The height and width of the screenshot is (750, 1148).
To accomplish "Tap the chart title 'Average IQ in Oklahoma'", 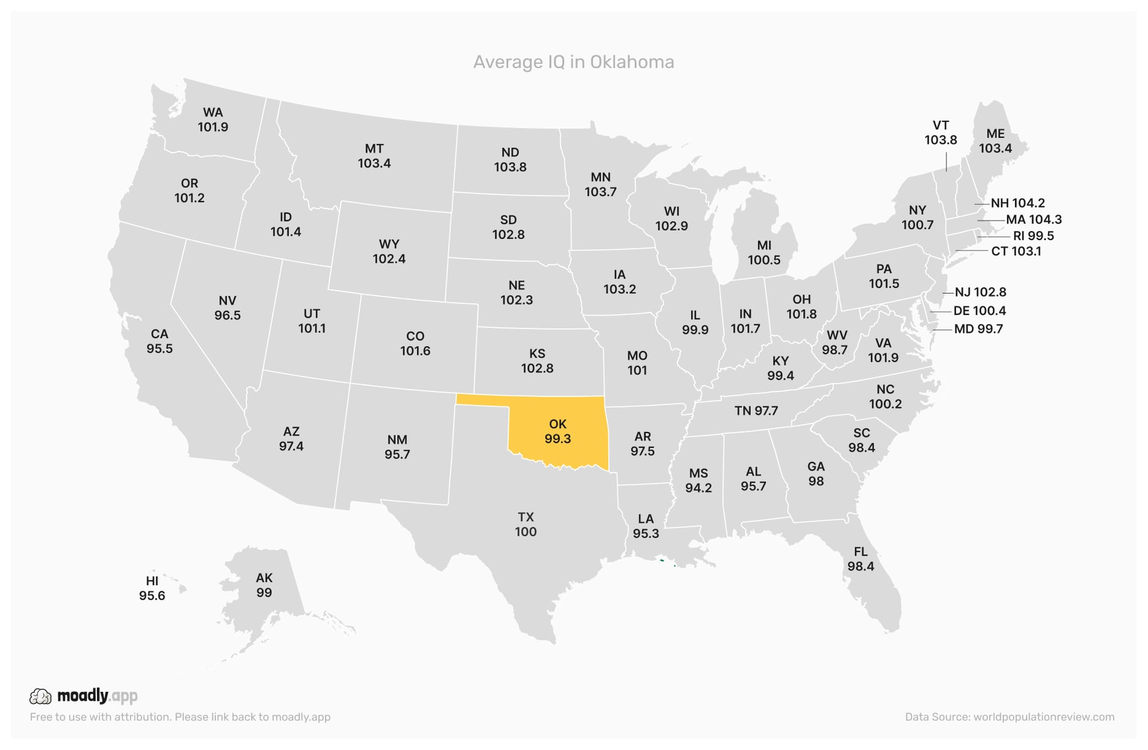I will pos(573,62).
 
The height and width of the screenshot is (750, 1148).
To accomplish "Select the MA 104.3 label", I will pos(1034,219).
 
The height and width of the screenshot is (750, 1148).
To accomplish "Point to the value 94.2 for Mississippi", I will pos(698,488).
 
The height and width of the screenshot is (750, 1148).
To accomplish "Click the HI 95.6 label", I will pos(152,588).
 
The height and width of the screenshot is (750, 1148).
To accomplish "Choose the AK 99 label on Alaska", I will pos(264,585).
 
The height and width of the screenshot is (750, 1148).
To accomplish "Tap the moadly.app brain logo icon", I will pos(40,696).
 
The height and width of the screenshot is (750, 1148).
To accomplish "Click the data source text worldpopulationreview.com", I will pos(1009,717).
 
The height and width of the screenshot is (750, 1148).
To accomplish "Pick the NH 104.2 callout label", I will pos(1017,203).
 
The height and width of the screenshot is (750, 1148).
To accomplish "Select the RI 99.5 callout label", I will pos(1033,236).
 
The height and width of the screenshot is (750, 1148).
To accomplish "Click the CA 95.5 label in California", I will pos(159,341).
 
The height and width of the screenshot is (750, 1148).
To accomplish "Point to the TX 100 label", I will pos(526,525).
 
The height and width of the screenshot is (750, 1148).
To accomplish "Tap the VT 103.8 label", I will pos(941,133).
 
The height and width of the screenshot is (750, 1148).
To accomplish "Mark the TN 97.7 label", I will pos(756,411).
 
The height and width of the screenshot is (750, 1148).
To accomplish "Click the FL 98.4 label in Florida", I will pos(861,559).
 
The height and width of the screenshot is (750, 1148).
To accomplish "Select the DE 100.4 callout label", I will pos(979,311).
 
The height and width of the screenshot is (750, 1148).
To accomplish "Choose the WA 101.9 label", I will pos(213,119).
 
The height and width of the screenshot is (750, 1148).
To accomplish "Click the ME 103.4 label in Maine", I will pos(995,141).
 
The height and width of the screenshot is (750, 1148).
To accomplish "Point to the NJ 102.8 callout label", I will pos(981,292).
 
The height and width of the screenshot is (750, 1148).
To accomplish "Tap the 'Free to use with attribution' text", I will pos(180,717).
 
